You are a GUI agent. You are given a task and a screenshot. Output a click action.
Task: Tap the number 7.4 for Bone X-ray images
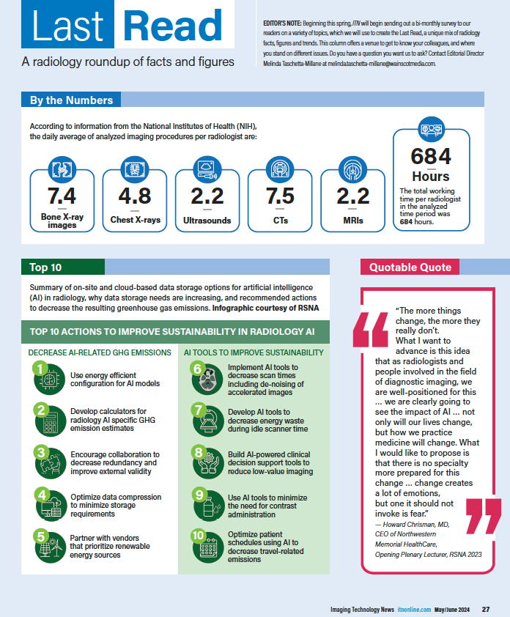click(x=62, y=196)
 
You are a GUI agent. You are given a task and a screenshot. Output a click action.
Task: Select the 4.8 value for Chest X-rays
click(x=135, y=196)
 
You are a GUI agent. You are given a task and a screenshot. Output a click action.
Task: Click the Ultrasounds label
click(x=207, y=220)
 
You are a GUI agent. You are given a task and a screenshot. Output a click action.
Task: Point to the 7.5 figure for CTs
click(x=280, y=196)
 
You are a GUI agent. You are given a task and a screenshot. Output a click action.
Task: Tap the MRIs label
click(x=352, y=220)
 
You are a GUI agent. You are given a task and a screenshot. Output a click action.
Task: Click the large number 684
click(x=431, y=157)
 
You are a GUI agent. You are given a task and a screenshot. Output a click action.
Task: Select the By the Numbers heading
click(x=71, y=100)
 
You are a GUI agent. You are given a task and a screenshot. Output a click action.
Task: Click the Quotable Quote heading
click(x=410, y=267)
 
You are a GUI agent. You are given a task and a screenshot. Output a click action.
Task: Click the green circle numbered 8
click(x=198, y=453)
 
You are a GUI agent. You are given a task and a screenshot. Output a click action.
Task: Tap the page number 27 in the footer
click(x=486, y=610)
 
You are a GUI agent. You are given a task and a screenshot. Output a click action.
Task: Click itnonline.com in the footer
click(x=413, y=610)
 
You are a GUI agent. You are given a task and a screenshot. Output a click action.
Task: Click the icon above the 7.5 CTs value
click(x=280, y=170)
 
